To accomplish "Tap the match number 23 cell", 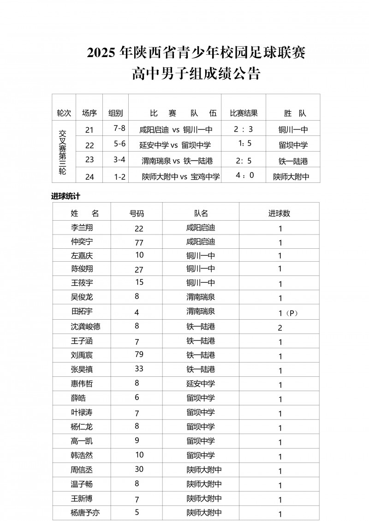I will pyautogui.click(x=89, y=160).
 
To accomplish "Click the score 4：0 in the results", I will pyautogui.click(x=244, y=175).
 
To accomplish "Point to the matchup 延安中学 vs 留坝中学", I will pyautogui.click(x=175, y=145).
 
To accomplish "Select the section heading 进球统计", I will pyautogui.click(x=65, y=196).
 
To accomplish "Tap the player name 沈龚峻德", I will pyautogui.click(x=86, y=327).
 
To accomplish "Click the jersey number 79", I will pyautogui.click(x=139, y=354).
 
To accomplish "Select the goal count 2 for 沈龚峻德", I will pyautogui.click(x=280, y=328).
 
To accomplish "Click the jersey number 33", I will pyautogui.click(x=139, y=369).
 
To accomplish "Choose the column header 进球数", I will pyautogui.click(x=280, y=214).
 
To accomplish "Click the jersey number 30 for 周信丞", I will pyautogui.click(x=139, y=469).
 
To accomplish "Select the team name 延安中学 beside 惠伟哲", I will pyautogui.click(x=201, y=384).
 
